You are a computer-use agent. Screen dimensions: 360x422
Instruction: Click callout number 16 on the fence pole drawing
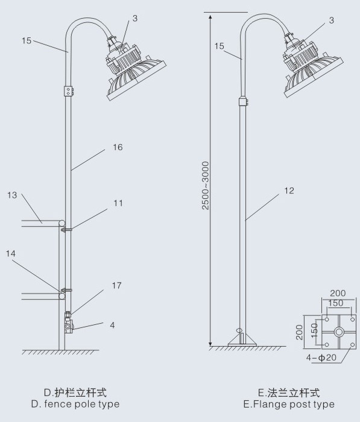pyautogui.click(x=118, y=147)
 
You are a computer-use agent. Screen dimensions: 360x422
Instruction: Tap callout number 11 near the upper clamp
pyautogui.click(x=118, y=203)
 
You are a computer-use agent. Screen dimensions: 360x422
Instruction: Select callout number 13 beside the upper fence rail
pyautogui.click(x=12, y=195)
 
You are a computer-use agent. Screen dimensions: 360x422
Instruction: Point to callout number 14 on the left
pyautogui.click(x=11, y=254)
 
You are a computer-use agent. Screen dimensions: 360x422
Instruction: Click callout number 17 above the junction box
pyautogui.click(x=117, y=286)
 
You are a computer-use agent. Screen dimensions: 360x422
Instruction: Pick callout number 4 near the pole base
pyautogui.click(x=112, y=325)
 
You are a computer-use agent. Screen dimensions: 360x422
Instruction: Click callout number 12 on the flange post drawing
pyautogui.click(x=289, y=191)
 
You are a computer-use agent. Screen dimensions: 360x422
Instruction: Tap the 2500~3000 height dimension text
pyautogui.click(x=206, y=186)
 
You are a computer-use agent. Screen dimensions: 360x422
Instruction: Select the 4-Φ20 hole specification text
pyautogui.click(x=321, y=357)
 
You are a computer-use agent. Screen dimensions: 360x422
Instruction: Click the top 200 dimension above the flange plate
pyautogui.click(x=338, y=293)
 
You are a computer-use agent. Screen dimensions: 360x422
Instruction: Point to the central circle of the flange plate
pyautogui.click(x=339, y=332)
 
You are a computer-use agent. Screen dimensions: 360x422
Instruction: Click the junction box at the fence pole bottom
pyautogui.click(x=68, y=326)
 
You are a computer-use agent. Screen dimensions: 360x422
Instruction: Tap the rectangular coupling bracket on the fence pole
pyautogui.click(x=69, y=91)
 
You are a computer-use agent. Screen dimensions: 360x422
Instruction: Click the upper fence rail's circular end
pyautogui.click(x=62, y=223)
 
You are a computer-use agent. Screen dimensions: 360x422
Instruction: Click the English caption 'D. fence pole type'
pyautogui.click(x=75, y=404)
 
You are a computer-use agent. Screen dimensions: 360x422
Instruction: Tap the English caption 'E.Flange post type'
pyautogui.click(x=289, y=405)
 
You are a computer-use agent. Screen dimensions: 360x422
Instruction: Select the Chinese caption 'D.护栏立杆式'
pyautogui.click(x=75, y=392)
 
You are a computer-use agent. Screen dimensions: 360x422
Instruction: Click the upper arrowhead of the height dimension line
pyautogui.click(x=210, y=17)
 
